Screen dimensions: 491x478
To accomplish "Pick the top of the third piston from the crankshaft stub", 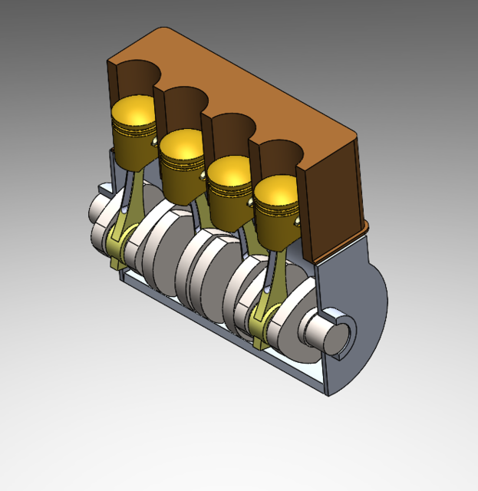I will [x=183, y=141].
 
